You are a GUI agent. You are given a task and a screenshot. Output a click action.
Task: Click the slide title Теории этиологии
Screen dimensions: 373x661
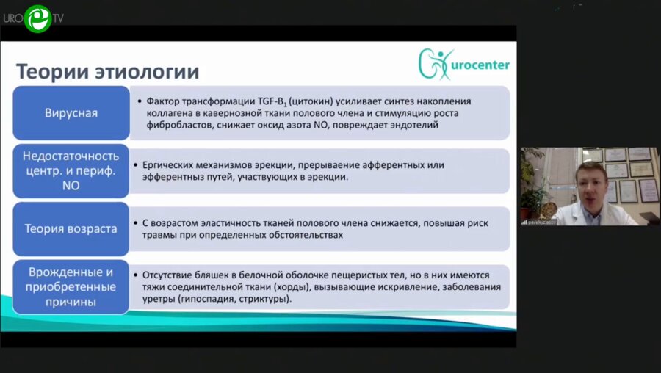(107, 71)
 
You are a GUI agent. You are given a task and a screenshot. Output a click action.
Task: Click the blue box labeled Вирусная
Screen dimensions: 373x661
(71, 113)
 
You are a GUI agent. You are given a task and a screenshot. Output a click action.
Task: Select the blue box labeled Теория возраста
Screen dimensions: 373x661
(71, 228)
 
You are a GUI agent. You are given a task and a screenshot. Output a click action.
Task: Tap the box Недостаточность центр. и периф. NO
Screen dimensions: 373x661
(71, 171)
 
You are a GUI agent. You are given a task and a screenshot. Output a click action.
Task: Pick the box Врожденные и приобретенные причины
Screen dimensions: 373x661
(71, 286)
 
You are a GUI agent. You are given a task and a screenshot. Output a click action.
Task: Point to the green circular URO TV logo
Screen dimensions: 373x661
(37, 18)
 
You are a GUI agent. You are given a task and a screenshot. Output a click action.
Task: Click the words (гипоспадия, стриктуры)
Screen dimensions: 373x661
(235, 299)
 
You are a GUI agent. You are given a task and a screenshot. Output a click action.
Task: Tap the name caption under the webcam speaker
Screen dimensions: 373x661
(538, 221)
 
